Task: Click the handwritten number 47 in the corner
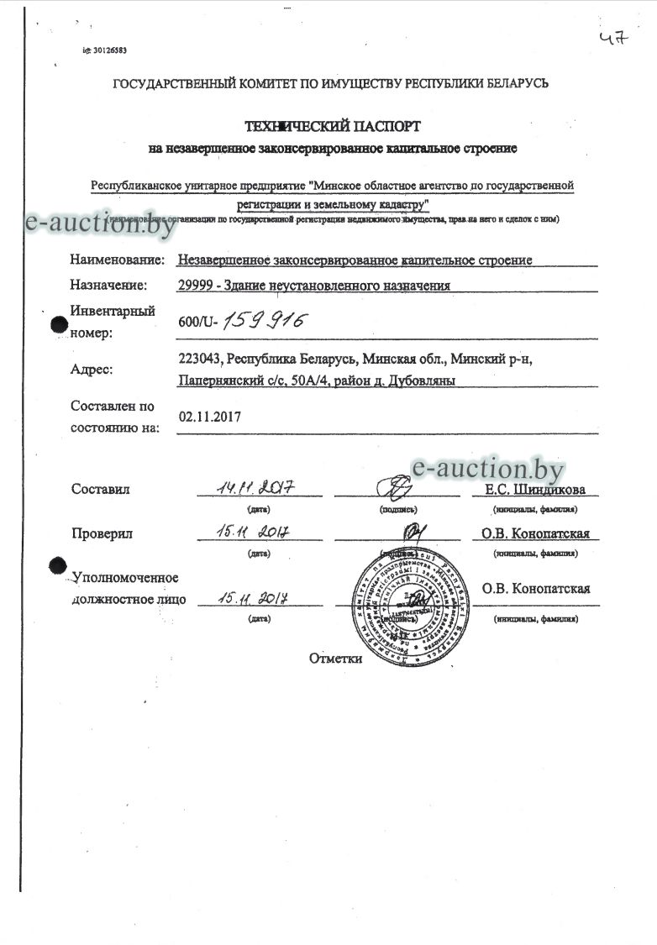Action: point(613,39)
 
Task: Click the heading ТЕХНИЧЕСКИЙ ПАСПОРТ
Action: point(332,127)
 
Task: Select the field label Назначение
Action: point(108,285)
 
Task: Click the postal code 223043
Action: point(199,359)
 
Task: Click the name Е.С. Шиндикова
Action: point(535,491)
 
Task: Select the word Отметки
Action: point(335,659)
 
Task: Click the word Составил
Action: point(101,490)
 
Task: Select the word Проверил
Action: point(102,533)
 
